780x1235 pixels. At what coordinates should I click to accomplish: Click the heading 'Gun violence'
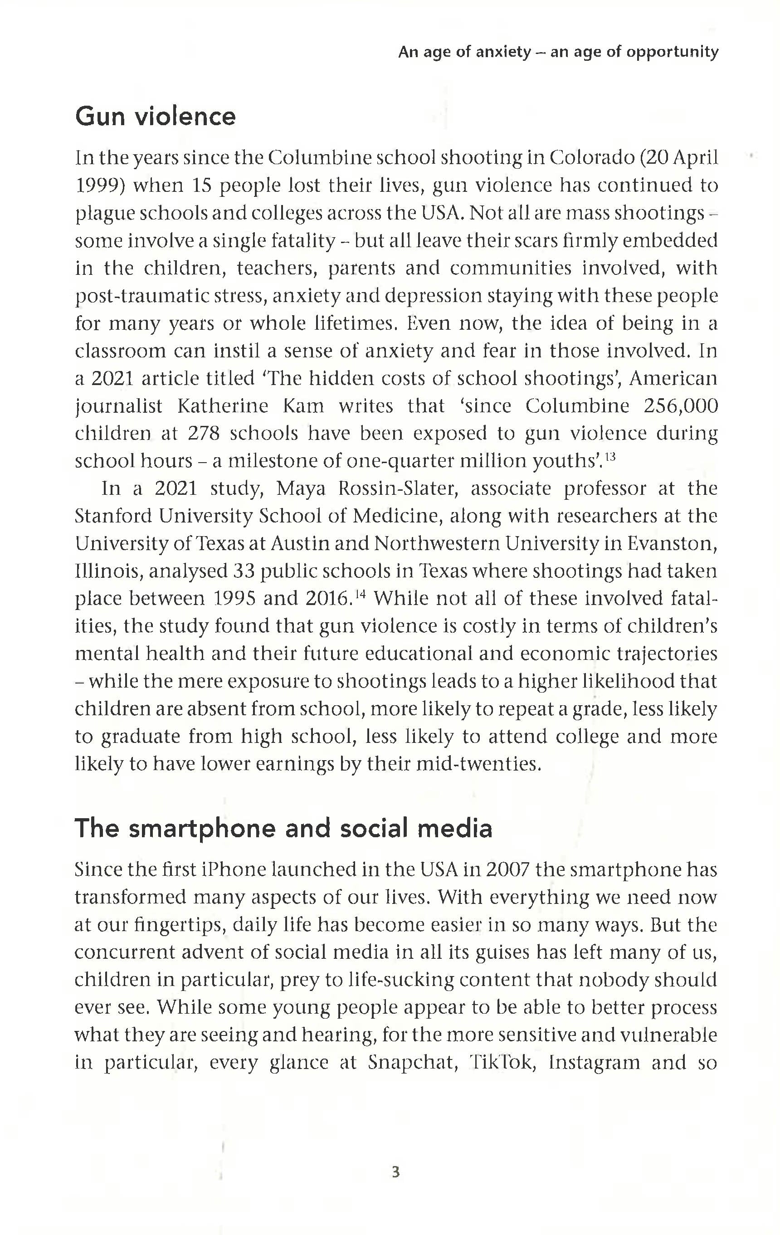(156, 117)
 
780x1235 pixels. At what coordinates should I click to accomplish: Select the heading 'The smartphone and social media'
(283, 828)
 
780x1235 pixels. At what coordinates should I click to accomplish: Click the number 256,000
(681, 405)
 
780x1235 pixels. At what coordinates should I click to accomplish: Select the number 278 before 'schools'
(204, 434)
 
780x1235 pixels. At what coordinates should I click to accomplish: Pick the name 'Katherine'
(223, 405)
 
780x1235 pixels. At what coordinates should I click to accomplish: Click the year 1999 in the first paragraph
(97, 185)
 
